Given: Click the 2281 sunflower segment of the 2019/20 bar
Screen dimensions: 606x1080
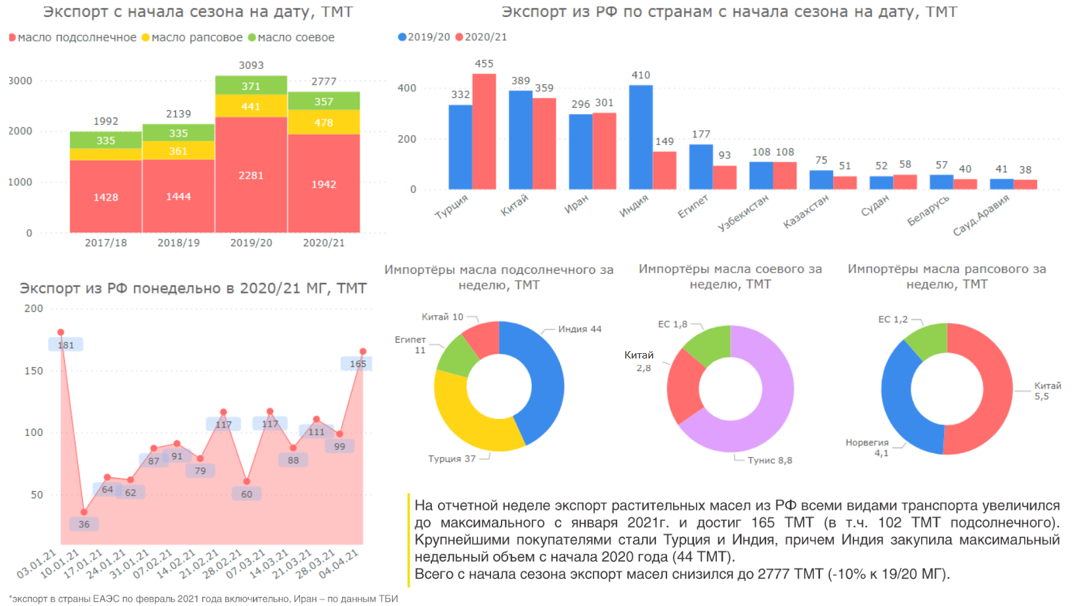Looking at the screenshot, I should click(x=251, y=175).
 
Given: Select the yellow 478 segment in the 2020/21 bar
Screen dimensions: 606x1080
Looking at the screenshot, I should click(x=324, y=123).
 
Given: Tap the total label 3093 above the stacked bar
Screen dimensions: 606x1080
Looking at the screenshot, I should click(x=251, y=65).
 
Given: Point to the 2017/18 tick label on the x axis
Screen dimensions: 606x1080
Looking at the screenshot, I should click(x=106, y=243).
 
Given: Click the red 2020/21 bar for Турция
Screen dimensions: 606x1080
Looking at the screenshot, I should click(x=485, y=131).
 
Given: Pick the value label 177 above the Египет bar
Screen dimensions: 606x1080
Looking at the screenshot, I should click(x=701, y=134).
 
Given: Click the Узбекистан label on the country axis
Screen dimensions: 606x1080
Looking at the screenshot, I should click(x=743, y=212).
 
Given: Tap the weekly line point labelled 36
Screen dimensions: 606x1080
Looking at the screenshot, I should click(x=84, y=512).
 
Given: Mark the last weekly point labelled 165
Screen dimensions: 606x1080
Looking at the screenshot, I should click(x=363, y=352).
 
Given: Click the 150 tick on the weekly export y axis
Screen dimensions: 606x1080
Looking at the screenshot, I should click(x=33, y=371).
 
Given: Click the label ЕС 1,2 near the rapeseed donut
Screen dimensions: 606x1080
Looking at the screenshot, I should click(x=893, y=320).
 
